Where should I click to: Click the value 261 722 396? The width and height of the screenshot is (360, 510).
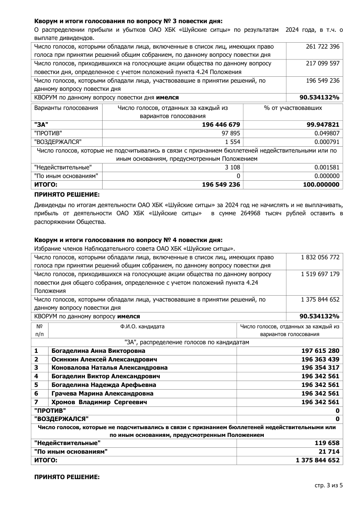[323, 46]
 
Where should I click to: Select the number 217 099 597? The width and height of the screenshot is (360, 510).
[323, 63]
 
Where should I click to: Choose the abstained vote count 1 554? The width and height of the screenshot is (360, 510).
[232, 142]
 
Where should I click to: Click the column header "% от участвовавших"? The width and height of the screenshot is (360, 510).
[293, 108]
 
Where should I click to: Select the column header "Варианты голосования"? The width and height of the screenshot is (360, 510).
[66, 108]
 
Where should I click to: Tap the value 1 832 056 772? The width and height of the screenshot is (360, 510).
[320, 257]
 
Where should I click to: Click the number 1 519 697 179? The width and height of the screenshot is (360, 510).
[320, 274]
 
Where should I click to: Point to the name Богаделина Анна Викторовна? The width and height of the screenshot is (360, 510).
[99, 351]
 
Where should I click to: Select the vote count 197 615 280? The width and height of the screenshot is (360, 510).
[320, 351]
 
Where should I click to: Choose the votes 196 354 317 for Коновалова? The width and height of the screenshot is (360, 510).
[320, 368]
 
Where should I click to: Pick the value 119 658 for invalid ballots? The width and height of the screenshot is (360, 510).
[327, 443]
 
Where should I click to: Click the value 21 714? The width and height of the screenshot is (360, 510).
[329, 451]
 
